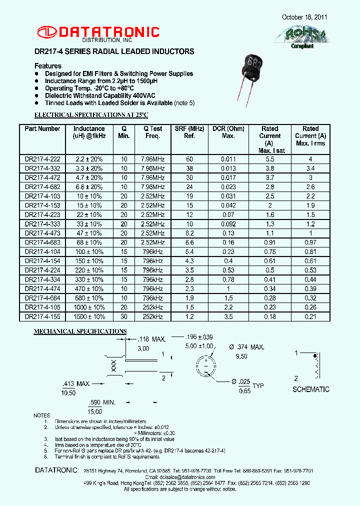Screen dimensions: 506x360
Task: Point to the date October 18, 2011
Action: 304,17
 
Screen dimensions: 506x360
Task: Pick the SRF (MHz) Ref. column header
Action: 189,132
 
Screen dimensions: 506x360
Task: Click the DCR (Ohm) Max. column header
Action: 228,132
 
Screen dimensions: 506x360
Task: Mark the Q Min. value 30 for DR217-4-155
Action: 124,317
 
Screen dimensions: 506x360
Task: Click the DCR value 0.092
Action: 228,224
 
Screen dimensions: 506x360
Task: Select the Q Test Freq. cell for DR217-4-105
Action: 152,307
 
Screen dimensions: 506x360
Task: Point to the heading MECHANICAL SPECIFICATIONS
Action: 80,331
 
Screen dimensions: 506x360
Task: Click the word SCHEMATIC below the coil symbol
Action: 311,389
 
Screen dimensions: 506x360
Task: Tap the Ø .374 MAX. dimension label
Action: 243,347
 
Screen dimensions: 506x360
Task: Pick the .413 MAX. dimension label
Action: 76,383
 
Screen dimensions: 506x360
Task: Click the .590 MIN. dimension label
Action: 101,402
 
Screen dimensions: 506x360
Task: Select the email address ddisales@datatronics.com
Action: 188,477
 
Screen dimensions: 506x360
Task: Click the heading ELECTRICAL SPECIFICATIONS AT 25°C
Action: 91,115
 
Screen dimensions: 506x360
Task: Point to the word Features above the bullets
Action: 48,66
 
